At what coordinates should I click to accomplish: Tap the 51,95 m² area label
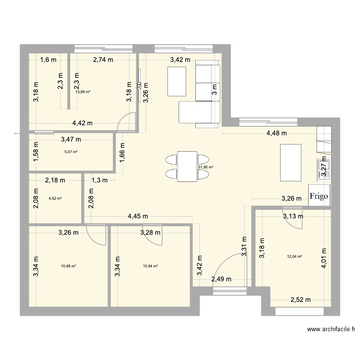click(x=205, y=168)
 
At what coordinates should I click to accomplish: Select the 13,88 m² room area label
click(x=83, y=91)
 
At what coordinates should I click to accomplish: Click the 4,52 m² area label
click(x=55, y=198)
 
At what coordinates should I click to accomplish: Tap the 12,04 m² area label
click(x=294, y=256)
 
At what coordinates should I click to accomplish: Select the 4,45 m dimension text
click(x=138, y=216)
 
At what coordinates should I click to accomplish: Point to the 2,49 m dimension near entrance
click(x=221, y=279)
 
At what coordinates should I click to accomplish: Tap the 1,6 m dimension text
click(x=48, y=60)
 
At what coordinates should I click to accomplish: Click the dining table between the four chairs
click(x=187, y=167)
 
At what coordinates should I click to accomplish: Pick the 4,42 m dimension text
click(x=83, y=123)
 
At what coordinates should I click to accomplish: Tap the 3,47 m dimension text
click(x=71, y=140)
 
